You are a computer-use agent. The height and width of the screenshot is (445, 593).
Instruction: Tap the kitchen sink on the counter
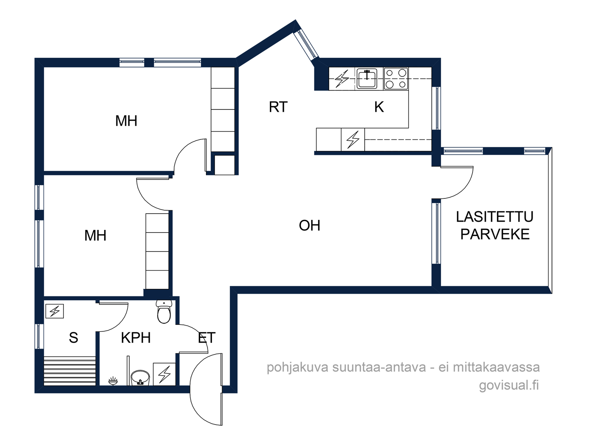367,79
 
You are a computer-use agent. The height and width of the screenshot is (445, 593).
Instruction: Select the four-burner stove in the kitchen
396,79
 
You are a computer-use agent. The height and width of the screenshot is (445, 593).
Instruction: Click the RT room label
278,107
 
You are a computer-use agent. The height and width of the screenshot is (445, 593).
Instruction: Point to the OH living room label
309,225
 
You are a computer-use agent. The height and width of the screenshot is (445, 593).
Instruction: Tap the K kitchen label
379,107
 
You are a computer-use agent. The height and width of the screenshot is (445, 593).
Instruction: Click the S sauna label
73,338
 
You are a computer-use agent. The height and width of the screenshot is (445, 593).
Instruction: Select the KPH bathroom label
136,338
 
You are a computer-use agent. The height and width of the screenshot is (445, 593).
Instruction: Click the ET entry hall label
207,338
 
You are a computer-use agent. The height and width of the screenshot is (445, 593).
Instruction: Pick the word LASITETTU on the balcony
495,217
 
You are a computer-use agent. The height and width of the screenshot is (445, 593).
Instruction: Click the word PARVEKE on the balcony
495,234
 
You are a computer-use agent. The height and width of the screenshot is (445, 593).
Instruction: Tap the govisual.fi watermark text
509,385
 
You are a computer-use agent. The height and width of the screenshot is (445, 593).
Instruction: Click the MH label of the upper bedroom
126,121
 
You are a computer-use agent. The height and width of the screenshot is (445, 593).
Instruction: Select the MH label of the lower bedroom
95,235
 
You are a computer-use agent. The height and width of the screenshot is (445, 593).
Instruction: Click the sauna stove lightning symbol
54,311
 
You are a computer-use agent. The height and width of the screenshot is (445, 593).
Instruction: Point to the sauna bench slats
70,371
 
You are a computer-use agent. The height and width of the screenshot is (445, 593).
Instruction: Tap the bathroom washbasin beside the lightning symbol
140,378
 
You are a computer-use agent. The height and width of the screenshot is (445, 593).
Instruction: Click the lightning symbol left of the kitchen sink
342,79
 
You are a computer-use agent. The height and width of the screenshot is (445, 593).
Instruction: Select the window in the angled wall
306,44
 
